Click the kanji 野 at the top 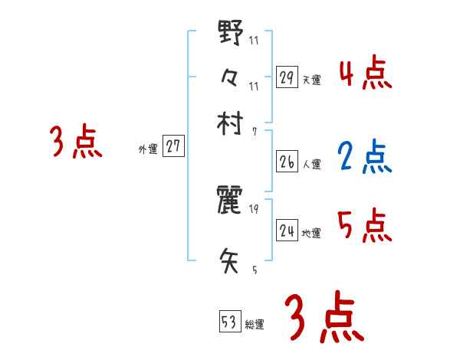click(x=231, y=34)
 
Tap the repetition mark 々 click(x=231, y=77)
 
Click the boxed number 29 click(x=287, y=77)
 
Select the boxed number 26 click(x=287, y=162)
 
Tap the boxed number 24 click(x=287, y=230)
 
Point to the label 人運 click(x=311, y=165)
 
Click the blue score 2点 click(x=364, y=157)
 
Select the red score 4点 click(x=365, y=74)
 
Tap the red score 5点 click(x=364, y=226)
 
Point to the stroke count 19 click(x=255, y=209)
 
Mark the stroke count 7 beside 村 click(x=255, y=131)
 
